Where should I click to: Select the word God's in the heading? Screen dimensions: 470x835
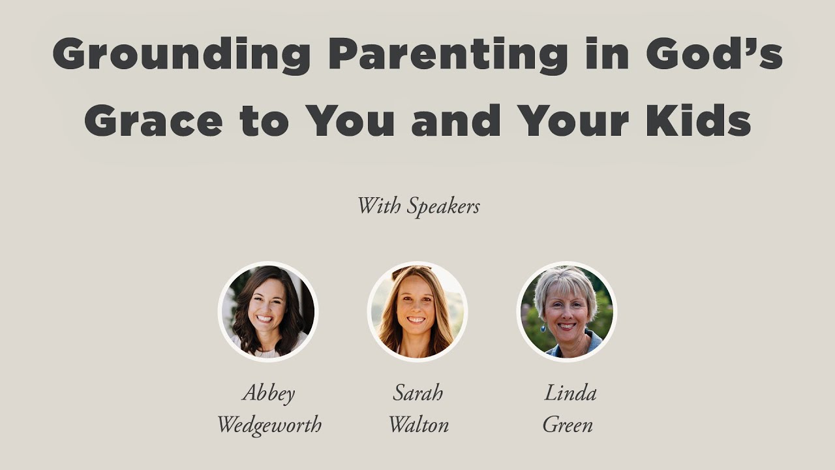click(714, 54)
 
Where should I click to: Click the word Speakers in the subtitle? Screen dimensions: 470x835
click(443, 207)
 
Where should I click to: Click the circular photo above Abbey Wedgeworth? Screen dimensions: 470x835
click(268, 311)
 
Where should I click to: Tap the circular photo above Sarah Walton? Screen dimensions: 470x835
click(417, 311)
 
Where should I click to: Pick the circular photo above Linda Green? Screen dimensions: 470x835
click(566, 311)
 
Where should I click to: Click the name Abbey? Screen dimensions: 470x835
click(269, 394)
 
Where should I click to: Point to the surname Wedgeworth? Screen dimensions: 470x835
click(269, 426)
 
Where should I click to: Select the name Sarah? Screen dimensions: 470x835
click(418, 393)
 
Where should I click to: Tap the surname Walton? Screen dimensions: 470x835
click(418, 426)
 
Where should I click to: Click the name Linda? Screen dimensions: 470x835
click(569, 393)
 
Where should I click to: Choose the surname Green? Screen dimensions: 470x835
click(568, 426)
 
